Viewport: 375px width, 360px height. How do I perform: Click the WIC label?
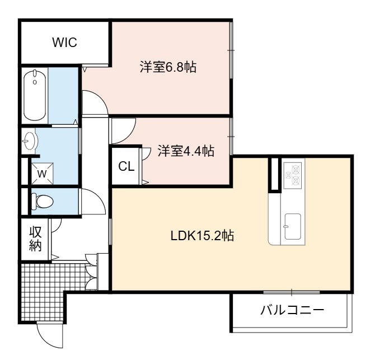[x=64, y=43]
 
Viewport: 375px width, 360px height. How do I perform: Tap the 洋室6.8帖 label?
[x=168, y=67]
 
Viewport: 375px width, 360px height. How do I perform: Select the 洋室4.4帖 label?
[x=186, y=151]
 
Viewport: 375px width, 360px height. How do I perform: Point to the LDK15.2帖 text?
[x=202, y=235]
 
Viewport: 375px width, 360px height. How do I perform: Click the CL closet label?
[x=126, y=166]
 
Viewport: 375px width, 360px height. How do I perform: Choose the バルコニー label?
[x=292, y=310]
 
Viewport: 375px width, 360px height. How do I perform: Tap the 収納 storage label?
[x=35, y=239]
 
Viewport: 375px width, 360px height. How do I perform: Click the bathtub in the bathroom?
[x=35, y=95]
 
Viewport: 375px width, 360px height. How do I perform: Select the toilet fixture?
[x=42, y=201]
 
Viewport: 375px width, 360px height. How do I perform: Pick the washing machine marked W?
[x=42, y=174]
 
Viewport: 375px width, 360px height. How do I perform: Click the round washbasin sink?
[x=30, y=141]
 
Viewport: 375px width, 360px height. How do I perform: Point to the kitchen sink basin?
[x=293, y=226]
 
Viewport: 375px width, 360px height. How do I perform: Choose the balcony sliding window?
[x=292, y=292]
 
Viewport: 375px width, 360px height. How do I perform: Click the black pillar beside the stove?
[x=275, y=175]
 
